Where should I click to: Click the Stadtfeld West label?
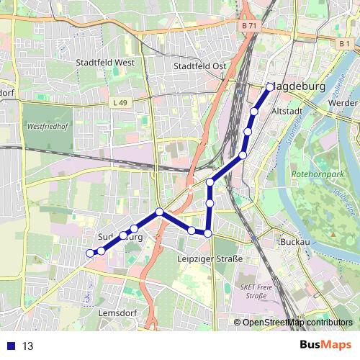tap(105, 63)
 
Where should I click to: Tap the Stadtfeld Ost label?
tap(200, 66)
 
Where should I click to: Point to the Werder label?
tap(342, 103)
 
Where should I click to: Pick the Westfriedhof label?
tap(47, 127)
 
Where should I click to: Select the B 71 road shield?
tap(248, 26)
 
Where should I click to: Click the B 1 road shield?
tap(344, 44)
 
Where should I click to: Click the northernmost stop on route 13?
tap(270, 87)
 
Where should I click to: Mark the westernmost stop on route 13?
tap(90, 253)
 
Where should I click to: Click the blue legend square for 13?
tap(9, 346)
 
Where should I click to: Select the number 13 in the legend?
tap(28, 346)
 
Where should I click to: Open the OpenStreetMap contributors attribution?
tap(297, 322)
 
